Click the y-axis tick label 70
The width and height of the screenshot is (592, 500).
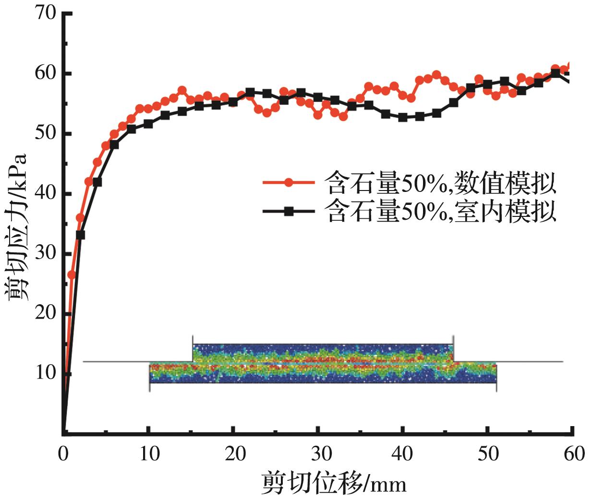[46, 13]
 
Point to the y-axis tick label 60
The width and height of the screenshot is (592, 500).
[46, 73]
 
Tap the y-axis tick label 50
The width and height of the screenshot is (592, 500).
[46, 133]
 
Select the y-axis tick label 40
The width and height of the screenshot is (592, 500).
[46, 193]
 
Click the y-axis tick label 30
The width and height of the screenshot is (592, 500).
[46, 253]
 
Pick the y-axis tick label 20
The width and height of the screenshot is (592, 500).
[46, 313]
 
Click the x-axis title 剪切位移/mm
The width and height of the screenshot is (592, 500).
[334, 483]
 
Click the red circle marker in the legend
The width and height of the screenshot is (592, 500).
[289, 183]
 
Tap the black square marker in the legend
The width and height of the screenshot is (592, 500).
[289, 212]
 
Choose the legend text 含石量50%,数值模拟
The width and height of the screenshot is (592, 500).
[440, 183]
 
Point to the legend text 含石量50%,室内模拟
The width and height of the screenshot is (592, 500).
[440, 212]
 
